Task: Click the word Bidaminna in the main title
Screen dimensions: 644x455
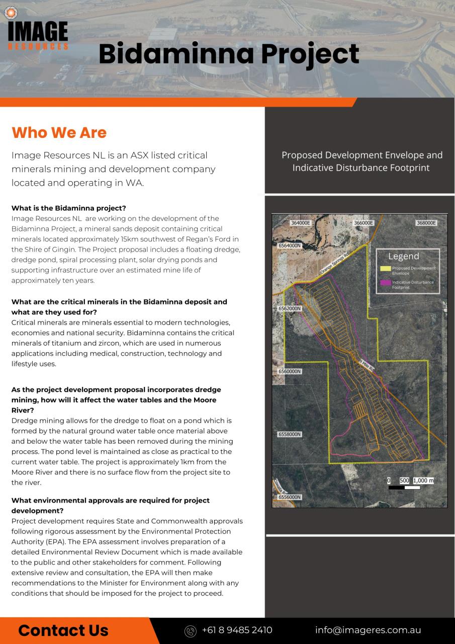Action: [175, 54]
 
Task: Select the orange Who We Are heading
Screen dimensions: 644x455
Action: [59, 132]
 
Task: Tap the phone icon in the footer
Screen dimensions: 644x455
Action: [190, 630]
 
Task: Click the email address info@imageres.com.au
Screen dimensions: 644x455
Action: [368, 630]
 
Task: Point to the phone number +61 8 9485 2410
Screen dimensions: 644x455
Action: [237, 630]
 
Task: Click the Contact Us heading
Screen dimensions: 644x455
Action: [63, 630]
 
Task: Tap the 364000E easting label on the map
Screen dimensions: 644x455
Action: [301, 222]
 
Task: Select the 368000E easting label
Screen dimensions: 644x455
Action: [426, 222]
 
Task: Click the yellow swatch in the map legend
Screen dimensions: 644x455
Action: [385, 269]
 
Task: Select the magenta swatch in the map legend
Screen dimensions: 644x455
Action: [385, 283]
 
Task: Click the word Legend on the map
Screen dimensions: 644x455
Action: [403, 257]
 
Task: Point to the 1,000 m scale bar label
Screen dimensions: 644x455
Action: [422, 480]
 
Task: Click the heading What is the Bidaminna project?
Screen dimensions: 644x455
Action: [68, 208]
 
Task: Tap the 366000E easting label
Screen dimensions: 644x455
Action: [363, 222]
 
